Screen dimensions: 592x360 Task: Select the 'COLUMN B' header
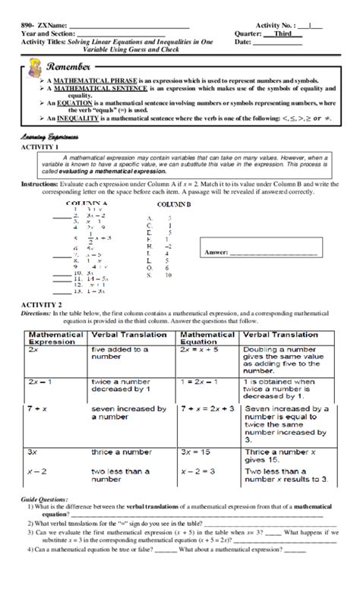pyautogui.click(x=174, y=205)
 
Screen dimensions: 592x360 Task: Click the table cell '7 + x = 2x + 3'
pyautogui.click(x=210, y=408)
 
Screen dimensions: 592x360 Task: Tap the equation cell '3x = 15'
pyautogui.click(x=198, y=452)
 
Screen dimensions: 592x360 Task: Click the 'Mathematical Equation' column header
pyautogui.click(x=208, y=337)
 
